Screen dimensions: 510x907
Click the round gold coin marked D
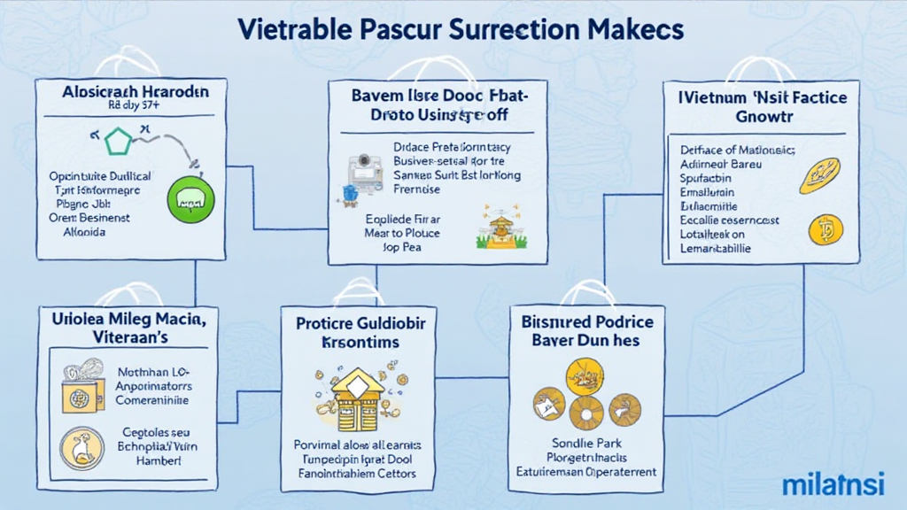pos(825,231)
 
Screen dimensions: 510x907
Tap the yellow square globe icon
pos(79,390)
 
